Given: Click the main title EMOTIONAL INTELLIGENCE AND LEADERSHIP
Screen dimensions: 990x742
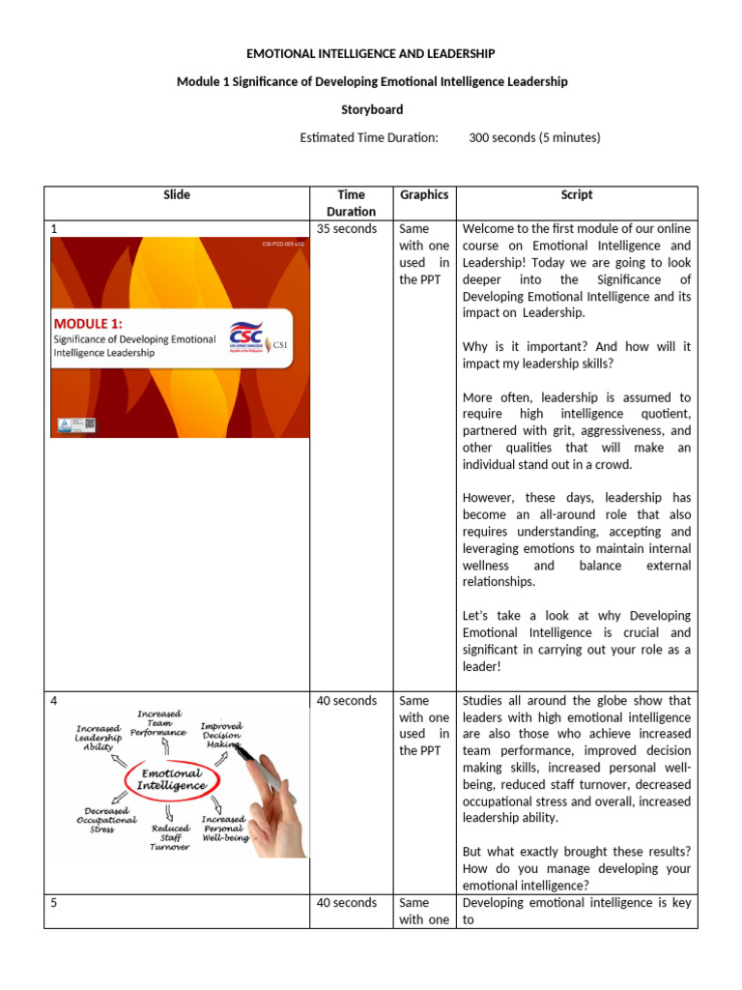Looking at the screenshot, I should [372, 53].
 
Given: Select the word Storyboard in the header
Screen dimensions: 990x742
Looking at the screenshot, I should [372, 109].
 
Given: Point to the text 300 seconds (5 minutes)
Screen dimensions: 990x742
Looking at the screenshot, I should [534, 137].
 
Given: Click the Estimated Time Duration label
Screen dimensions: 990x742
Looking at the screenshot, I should [369, 137].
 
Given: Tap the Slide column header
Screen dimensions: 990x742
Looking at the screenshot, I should [177, 195].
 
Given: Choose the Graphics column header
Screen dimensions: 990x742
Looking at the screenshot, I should [424, 195].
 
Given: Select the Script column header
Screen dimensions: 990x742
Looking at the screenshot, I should [577, 195].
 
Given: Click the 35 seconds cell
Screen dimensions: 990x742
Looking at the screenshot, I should [347, 229].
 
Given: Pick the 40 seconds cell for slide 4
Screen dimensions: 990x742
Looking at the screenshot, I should [347, 701].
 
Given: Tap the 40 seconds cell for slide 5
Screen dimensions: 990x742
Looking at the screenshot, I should [347, 903].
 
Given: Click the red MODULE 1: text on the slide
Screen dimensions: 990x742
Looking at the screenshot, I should [95, 322].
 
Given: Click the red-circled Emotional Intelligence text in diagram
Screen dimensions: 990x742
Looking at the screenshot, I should [173, 779].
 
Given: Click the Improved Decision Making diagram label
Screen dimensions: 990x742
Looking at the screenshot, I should [221, 735].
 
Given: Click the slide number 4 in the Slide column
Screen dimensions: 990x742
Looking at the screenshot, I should [55, 701].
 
